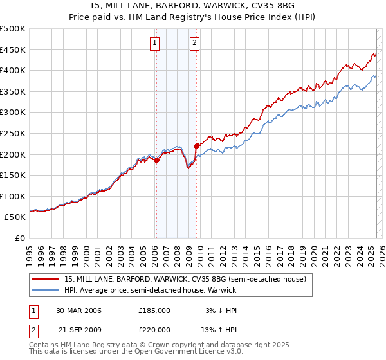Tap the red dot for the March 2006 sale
coord(156,161)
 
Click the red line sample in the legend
coord(46,279)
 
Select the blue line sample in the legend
coord(46,290)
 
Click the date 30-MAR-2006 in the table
coord(78,310)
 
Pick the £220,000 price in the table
coord(154,330)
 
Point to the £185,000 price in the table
coord(154,310)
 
